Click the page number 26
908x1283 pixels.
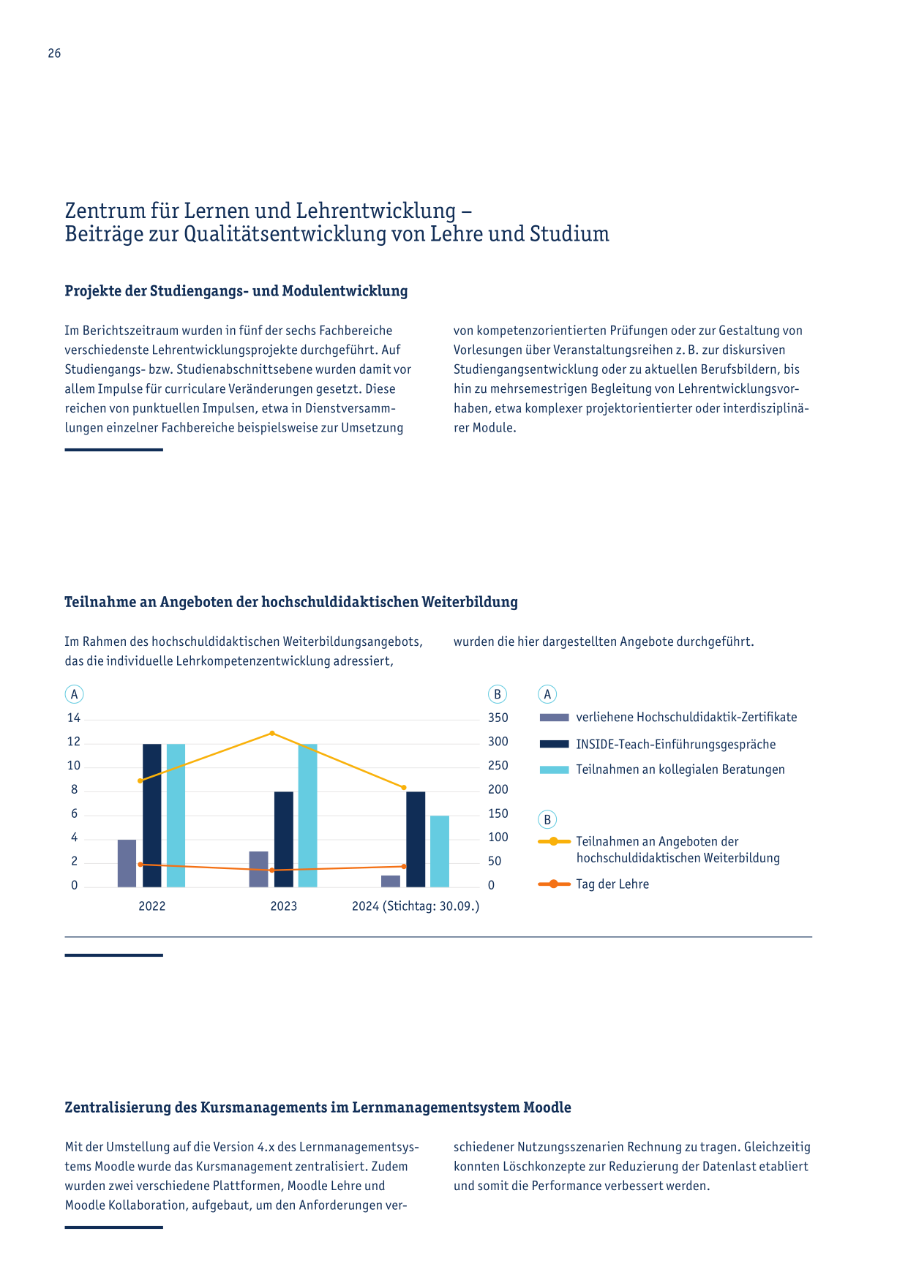(x=54, y=53)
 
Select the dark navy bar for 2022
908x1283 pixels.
(x=152, y=816)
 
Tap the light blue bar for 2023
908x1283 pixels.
(x=308, y=816)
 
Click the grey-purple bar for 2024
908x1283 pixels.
(x=391, y=881)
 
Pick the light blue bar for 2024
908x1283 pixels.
(x=440, y=851)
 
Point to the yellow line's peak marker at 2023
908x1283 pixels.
(x=272, y=733)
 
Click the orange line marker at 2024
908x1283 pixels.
(x=404, y=866)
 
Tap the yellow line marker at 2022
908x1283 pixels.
(x=140, y=780)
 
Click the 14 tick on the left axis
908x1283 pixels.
(x=74, y=718)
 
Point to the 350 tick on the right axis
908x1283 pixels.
(x=498, y=718)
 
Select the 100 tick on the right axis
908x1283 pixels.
(x=498, y=838)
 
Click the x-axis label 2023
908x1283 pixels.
(x=284, y=906)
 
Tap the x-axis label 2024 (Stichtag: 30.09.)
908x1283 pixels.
(x=416, y=906)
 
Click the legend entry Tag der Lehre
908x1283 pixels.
(x=612, y=884)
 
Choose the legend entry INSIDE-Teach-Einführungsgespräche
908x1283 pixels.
(x=676, y=745)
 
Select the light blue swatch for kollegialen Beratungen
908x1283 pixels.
(x=554, y=770)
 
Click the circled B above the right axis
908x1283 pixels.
(x=498, y=695)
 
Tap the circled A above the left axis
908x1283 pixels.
(x=74, y=695)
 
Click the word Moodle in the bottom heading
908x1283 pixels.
(x=547, y=1107)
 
